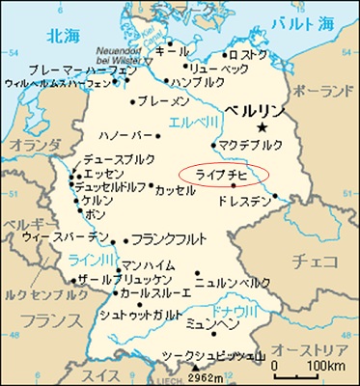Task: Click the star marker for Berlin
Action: coord(262,127)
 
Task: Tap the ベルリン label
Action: coord(253,110)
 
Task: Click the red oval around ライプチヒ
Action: coord(224,174)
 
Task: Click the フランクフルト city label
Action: coord(165,237)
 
